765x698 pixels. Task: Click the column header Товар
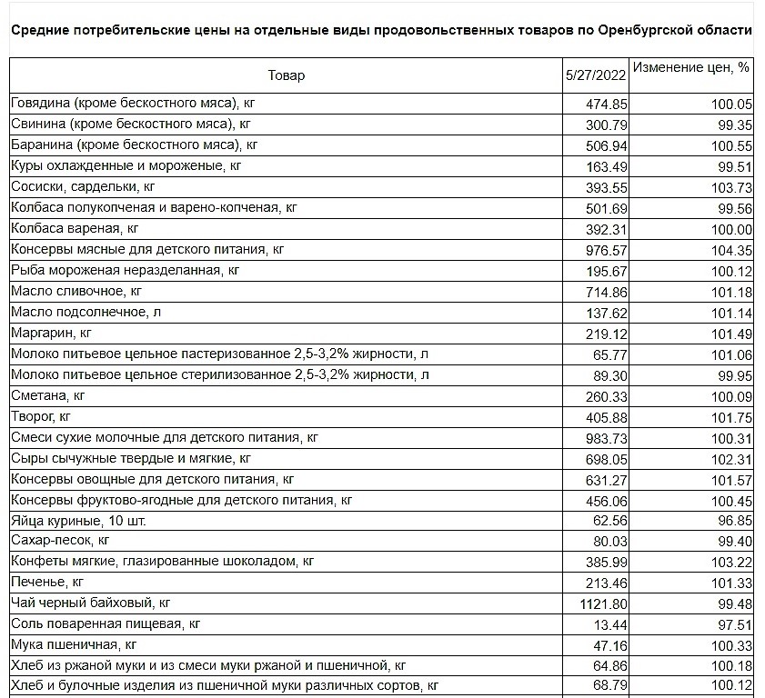(x=287, y=75)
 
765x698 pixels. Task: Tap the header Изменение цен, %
(x=691, y=67)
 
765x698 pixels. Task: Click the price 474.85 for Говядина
(x=608, y=104)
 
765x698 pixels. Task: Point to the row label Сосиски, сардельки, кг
(x=83, y=186)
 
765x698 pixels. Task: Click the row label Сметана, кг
(x=47, y=395)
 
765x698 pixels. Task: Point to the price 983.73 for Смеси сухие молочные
(x=608, y=437)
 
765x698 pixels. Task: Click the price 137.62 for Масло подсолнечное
(x=608, y=313)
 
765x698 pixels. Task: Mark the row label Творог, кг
(x=40, y=416)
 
